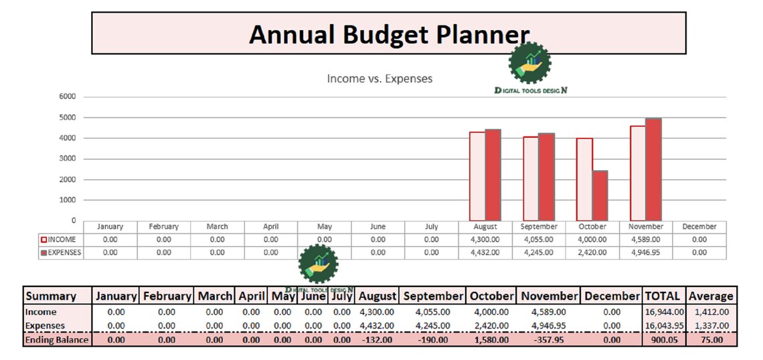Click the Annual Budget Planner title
coord(389,34)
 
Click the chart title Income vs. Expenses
coord(379,78)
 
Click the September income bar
coord(530,179)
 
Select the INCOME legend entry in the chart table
coord(58,240)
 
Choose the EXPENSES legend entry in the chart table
coord(61,252)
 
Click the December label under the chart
coord(699,227)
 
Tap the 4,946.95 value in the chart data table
coord(645,252)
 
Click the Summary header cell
coord(51,296)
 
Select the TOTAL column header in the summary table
coord(662,296)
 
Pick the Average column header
coord(711,296)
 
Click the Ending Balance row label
coord(57,340)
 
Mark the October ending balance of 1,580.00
coord(491,340)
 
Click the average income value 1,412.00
coord(711,312)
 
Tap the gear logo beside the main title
coord(529,63)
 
